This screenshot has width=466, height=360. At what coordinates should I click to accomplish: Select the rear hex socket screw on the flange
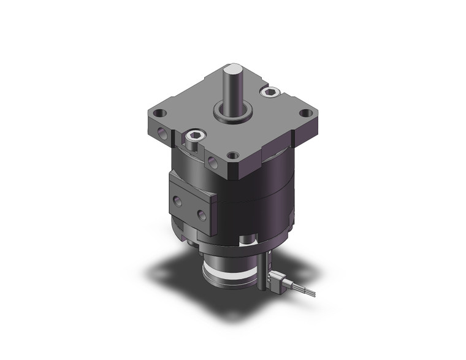[x=269, y=92]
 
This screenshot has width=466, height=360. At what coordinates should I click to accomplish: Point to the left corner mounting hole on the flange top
[x=161, y=113]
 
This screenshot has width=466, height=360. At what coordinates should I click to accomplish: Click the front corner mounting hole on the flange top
[x=232, y=155]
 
